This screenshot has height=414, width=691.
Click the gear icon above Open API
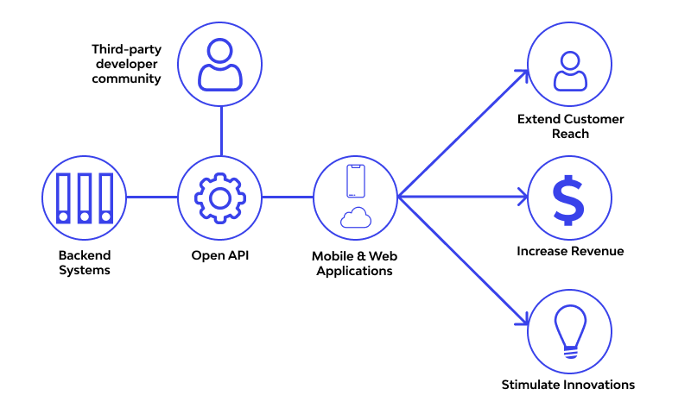pyautogui.click(x=220, y=198)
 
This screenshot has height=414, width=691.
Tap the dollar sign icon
pyautogui.click(x=569, y=198)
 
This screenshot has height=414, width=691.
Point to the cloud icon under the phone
pyautogui.click(x=356, y=218)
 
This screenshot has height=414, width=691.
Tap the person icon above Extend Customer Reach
pyautogui.click(x=569, y=71)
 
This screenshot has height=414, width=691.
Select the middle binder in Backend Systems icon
pyautogui.click(x=85, y=198)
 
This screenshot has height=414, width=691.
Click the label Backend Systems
pyautogui.click(x=85, y=262)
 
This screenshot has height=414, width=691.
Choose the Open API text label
pyautogui.click(x=220, y=255)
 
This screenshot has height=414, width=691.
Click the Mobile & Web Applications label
pyautogui.click(x=354, y=264)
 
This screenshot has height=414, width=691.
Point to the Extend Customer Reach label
pyautogui.click(x=570, y=126)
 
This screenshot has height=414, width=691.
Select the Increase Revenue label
pyautogui.click(x=570, y=251)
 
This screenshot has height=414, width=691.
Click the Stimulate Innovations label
pyautogui.click(x=568, y=385)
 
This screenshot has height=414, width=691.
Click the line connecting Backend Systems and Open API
pyautogui.click(x=152, y=198)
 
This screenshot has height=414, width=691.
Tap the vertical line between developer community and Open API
pyautogui.click(x=220, y=132)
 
